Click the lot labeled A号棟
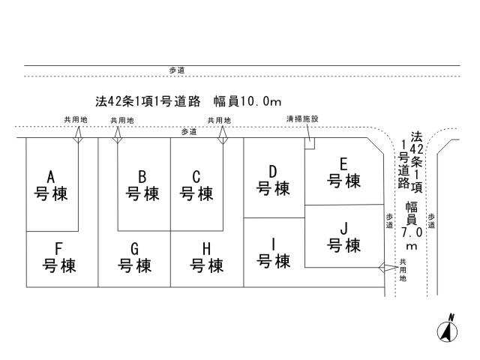(52, 185)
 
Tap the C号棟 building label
(196, 186)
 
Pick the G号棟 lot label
(135, 256)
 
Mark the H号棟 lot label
(207, 256)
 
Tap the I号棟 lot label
(274, 252)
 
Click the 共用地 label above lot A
(76, 120)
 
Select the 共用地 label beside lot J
(403, 269)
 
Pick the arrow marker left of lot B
(117, 135)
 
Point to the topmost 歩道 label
(177, 70)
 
